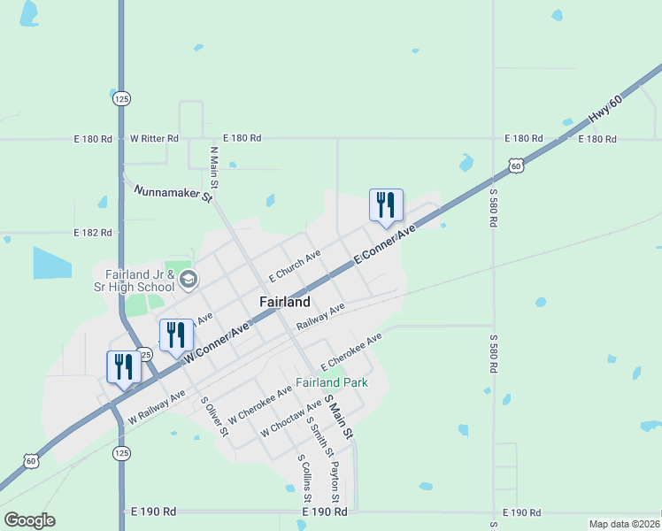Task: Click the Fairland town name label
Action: (x=285, y=302)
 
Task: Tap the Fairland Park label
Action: (x=331, y=383)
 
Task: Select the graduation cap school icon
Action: (x=188, y=281)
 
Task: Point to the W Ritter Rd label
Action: (x=154, y=139)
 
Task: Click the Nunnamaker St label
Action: (x=173, y=194)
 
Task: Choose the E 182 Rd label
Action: (x=94, y=233)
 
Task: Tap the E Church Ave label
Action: (x=294, y=265)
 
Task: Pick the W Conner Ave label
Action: (x=217, y=342)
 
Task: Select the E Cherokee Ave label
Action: (x=350, y=351)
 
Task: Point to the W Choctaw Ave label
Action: (x=290, y=418)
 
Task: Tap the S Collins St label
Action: (x=304, y=479)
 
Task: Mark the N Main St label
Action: (x=214, y=168)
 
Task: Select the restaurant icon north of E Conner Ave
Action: (x=386, y=204)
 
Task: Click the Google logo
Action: (x=29, y=520)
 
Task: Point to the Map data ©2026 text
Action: (x=624, y=524)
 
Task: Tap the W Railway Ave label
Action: (x=156, y=405)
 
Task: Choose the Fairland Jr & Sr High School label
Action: (x=135, y=280)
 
